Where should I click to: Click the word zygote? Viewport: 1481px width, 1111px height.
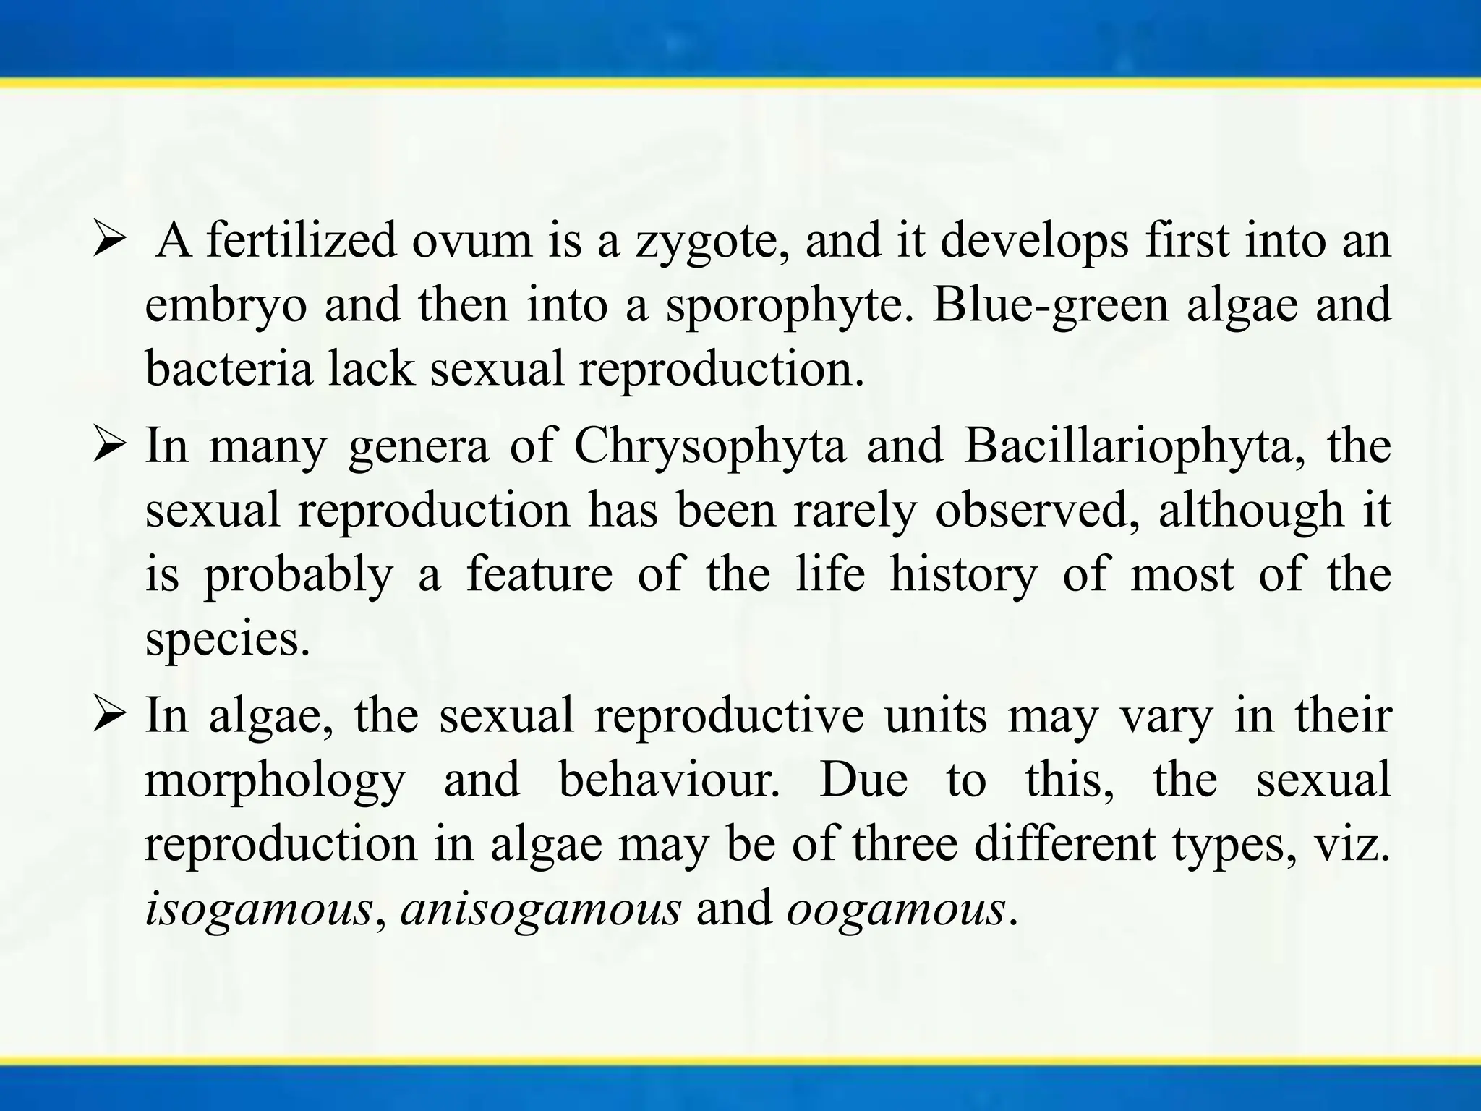click(x=712, y=242)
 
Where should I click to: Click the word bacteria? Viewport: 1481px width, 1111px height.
click(x=229, y=368)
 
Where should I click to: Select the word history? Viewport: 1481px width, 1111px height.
click(x=963, y=575)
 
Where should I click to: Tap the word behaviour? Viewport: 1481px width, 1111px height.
click(x=670, y=780)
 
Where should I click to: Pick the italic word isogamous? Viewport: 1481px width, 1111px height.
click(x=259, y=909)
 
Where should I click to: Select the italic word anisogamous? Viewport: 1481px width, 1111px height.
click(x=541, y=909)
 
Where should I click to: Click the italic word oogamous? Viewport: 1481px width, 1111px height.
click(x=896, y=909)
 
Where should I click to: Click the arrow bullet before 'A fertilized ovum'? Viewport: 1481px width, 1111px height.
click(x=110, y=242)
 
